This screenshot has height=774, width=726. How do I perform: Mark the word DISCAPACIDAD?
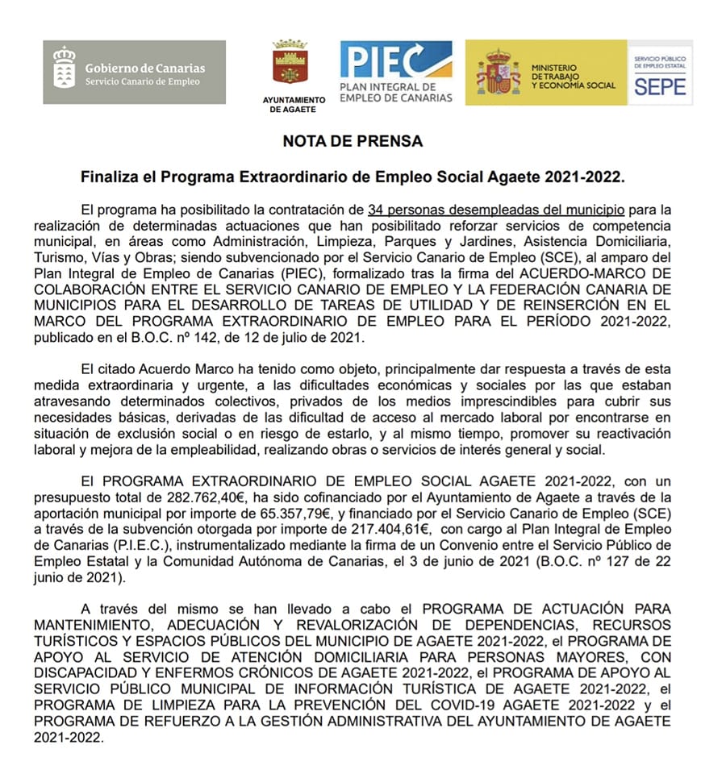tap(86, 674)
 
